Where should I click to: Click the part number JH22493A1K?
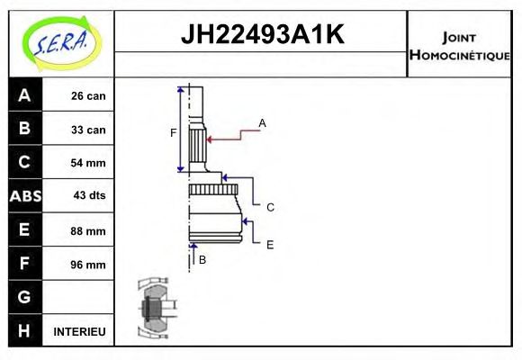262,35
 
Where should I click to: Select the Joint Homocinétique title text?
459,46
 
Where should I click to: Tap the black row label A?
24,95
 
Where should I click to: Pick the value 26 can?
88,96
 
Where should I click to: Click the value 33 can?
88,130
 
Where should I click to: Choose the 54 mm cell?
88,163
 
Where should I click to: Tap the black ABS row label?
24,196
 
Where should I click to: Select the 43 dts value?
88,196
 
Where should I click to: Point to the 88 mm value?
88,230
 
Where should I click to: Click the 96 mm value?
88,265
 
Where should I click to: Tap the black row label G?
24,297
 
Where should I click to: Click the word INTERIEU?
80,331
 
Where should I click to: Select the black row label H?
24,331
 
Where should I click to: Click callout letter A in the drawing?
262,122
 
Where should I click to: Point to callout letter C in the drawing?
270,207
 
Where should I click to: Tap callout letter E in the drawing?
270,244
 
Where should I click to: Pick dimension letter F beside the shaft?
173,133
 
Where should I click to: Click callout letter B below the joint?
202,260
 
